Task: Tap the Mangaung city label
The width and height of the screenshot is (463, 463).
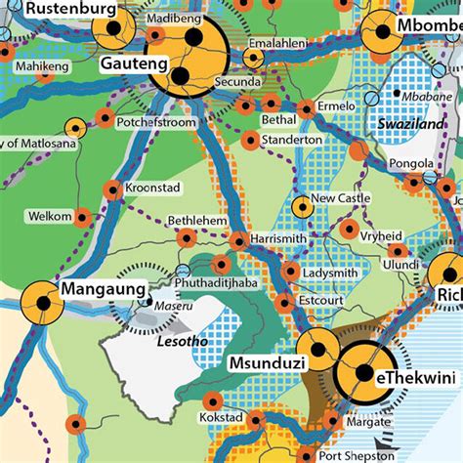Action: [104, 290]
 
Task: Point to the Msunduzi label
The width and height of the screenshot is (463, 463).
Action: [267, 362]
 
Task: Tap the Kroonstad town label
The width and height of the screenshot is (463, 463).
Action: [151, 187]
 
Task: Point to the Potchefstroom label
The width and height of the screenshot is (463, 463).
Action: [157, 124]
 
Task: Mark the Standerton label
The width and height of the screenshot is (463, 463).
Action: [292, 140]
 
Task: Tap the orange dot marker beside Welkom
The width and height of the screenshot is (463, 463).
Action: [82, 217]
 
